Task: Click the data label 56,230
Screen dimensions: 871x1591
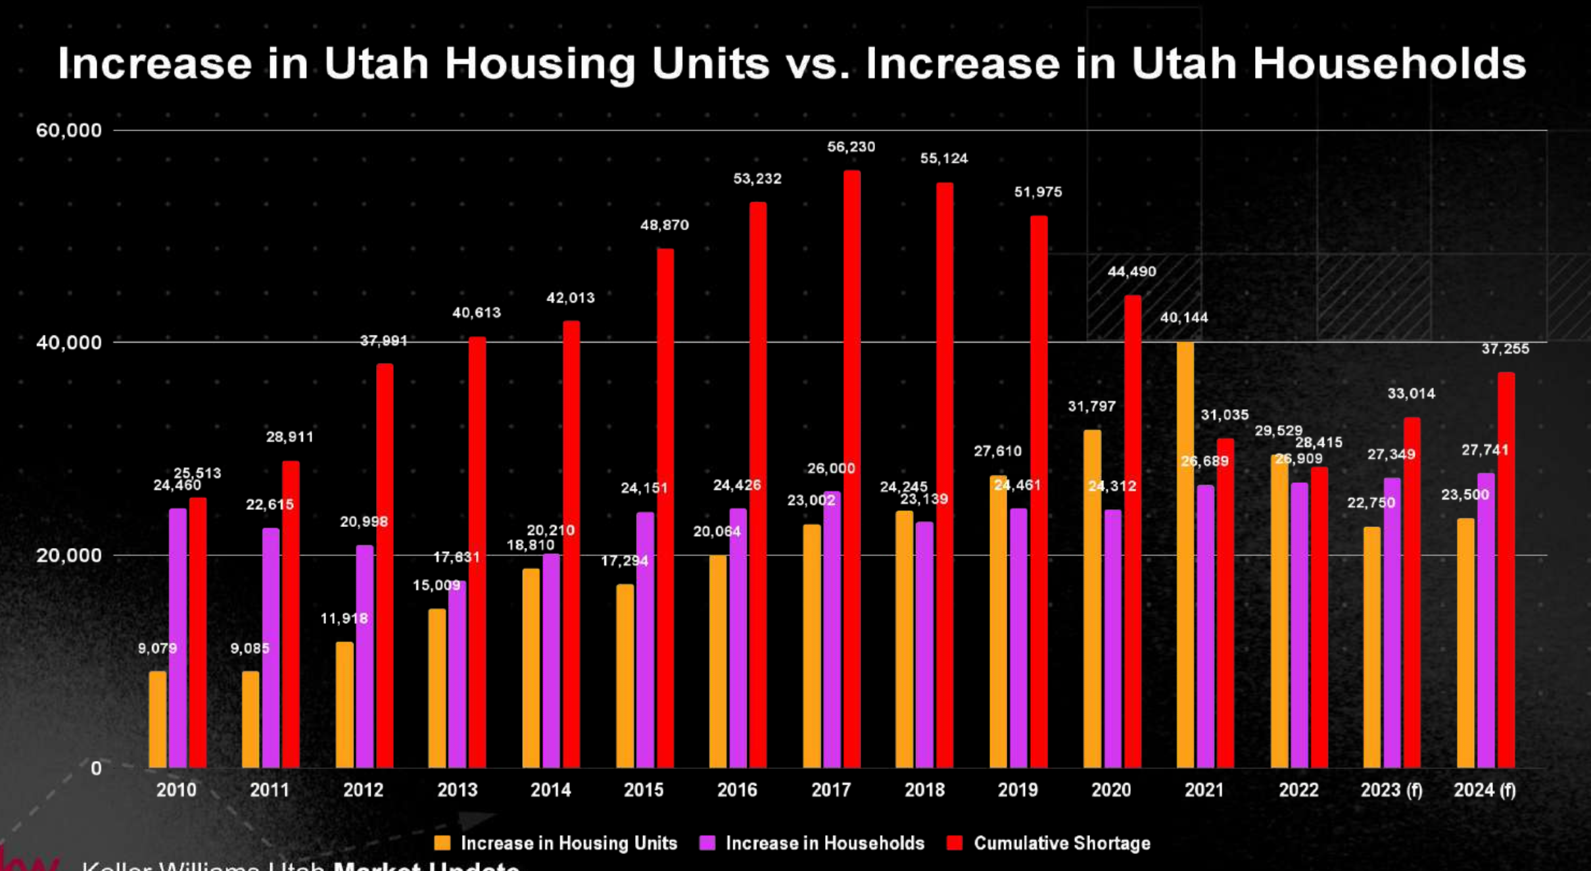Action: [x=851, y=147]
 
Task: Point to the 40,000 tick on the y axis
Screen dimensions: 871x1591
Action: [x=69, y=342]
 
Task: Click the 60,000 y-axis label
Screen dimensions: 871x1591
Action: [x=69, y=130]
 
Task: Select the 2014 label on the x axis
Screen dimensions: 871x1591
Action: [x=550, y=789]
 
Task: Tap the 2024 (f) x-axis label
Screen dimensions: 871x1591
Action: [x=1484, y=789]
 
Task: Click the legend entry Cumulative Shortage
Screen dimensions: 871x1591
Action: [x=1061, y=843]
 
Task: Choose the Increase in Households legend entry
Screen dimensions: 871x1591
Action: [x=824, y=843]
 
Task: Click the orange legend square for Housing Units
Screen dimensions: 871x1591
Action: [x=442, y=843]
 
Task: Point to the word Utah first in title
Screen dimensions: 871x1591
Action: [x=376, y=64]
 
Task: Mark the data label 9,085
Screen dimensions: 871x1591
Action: [x=250, y=649]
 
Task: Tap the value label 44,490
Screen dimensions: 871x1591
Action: [x=1131, y=272]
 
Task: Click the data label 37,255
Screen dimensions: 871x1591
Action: [x=1505, y=349]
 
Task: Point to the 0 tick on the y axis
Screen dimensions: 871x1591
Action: [x=96, y=768]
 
